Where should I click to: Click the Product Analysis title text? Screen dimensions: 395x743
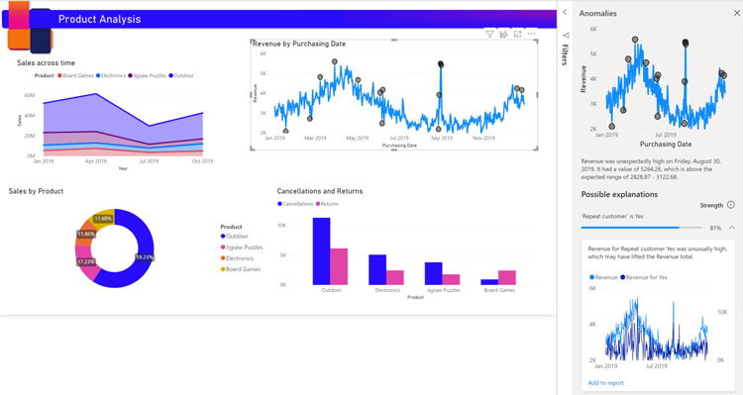[99, 19]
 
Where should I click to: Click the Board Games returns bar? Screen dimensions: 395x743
[506, 277]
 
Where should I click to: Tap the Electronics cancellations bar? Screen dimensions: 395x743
[377, 269]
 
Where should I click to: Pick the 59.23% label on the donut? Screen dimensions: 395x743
[144, 257]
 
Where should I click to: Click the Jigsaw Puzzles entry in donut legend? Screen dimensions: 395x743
[244, 247]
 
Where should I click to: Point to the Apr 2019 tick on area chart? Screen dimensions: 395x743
[95, 160]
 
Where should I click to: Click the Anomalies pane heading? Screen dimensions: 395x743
[597, 14]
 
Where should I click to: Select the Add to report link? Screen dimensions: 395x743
[605, 382]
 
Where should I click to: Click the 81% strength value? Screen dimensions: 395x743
[715, 228]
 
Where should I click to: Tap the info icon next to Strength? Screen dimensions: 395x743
[731, 205]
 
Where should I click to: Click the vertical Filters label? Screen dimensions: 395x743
[565, 54]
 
